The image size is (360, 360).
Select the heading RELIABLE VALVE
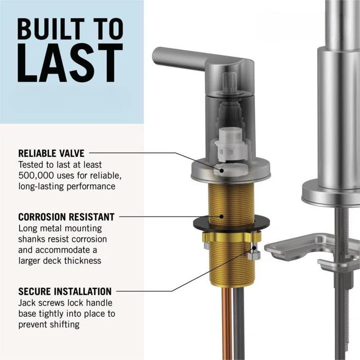pos(51,153)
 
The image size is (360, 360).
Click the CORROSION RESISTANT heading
pos(66,217)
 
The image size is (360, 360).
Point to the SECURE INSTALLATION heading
pos(65,292)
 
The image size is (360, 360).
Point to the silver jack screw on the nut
pos(253,255)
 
